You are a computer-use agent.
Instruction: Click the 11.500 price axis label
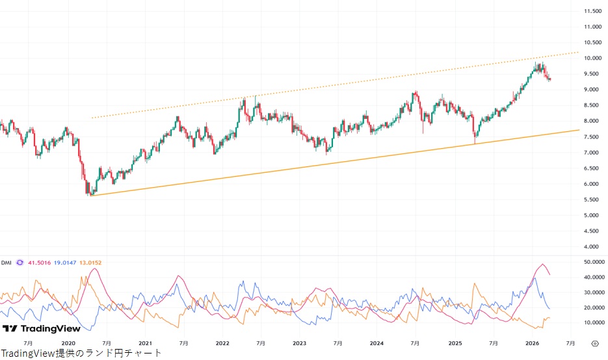click(x=591, y=11)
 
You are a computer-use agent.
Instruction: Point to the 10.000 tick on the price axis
click(x=591, y=58)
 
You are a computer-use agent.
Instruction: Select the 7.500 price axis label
click(x=591, y=136)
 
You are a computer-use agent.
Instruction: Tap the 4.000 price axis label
click(x=591, y=247)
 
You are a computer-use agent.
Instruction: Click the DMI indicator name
click(x=7, y=263)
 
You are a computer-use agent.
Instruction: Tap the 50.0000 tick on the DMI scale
click(x=592, y=261)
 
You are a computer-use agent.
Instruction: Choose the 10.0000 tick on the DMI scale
click(x=592, y=322)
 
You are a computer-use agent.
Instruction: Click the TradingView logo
click(x=42, y=329)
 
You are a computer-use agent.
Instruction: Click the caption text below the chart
click(x=81, y=354)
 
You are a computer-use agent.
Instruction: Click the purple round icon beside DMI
click(x=20, y=263)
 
